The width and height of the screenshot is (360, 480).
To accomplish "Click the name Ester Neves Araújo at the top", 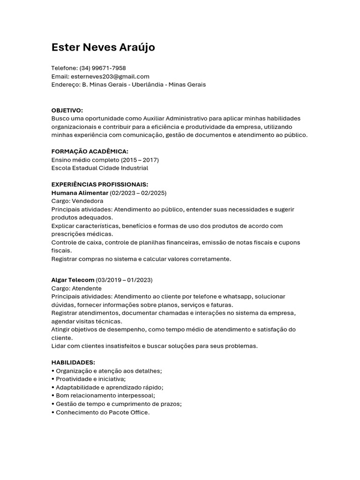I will point(103,47).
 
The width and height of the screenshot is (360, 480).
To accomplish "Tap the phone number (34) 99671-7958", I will point(103,68).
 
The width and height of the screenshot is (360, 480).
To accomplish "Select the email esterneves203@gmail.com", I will point(109,76).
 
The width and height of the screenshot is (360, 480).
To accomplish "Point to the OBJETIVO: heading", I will point(67,110).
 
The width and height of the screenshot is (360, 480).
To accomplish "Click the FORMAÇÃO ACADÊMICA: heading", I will point(90,151).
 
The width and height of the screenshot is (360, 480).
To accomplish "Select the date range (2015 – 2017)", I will point(140,160).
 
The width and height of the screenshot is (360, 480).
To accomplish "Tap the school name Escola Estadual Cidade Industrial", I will point(99,168).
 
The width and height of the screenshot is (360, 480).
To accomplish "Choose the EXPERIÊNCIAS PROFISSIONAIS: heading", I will point(99,185).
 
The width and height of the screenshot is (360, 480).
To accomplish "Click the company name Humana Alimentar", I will point(80,193).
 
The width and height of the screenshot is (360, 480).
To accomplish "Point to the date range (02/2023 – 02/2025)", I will point(138,193).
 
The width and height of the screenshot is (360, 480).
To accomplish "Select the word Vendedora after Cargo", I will point(88,201).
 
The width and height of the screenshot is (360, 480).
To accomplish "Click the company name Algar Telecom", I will point(73,280).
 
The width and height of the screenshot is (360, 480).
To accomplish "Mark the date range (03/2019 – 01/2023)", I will point(124,280).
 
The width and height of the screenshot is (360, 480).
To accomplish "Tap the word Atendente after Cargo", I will point(87,288).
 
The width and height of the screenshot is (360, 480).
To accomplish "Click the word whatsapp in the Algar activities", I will point(237,297).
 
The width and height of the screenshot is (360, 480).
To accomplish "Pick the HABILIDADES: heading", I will point(73,362).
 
